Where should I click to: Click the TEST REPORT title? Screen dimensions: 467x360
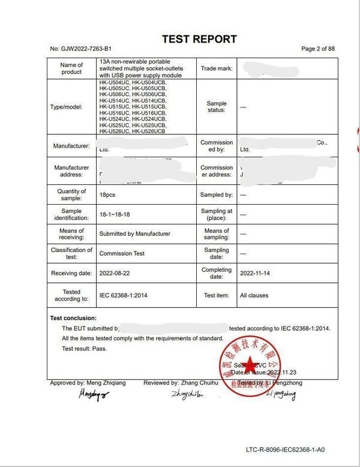pos(199,40)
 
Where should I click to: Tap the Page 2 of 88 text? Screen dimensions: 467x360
pos(317,49)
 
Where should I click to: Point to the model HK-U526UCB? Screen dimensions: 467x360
pos(149,131)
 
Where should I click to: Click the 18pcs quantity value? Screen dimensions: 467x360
pos(107,195)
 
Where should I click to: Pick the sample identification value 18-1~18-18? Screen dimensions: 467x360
pos(115,214)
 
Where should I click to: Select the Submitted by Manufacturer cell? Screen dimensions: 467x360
pos(134,233)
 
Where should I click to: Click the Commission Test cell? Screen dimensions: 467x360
pos(122,253)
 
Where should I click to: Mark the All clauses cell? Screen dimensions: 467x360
pos(254,295)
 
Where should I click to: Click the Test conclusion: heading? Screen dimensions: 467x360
pos(73,318)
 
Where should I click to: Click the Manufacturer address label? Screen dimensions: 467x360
pos(71,171)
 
